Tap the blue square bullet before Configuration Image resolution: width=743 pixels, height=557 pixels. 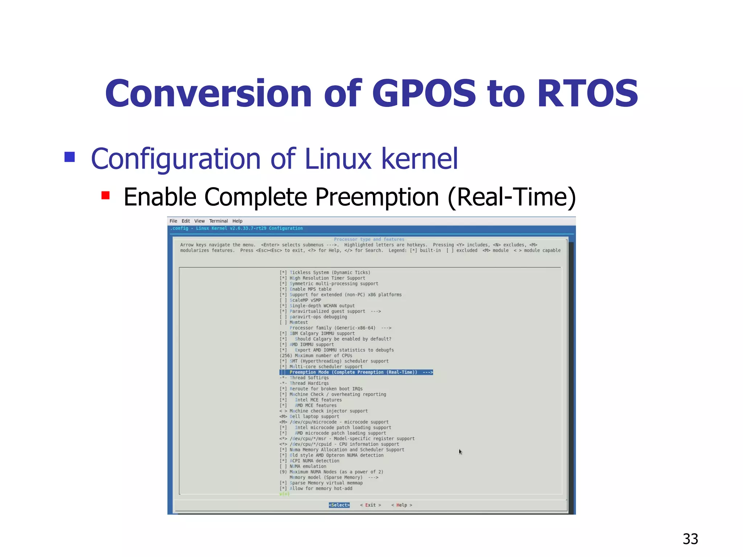tap(70, 157)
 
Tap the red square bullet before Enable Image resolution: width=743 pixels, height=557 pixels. tap(106, 196)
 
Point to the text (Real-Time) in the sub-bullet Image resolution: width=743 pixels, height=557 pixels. tap(512, 197)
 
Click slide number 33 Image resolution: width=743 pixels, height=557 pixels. tap(690, 539)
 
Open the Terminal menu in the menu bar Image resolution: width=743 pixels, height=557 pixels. tap(218, 221)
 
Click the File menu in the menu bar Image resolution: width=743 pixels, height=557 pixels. tap(173, 221)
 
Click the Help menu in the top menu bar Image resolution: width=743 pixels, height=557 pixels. tap(237, 221)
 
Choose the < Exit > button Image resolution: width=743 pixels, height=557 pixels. tap(370, 505)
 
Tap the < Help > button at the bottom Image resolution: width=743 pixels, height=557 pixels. tap(402, 505)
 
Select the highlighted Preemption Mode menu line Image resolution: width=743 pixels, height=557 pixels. tap(356, 372)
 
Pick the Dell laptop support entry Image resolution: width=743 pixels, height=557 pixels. tap(314, 416)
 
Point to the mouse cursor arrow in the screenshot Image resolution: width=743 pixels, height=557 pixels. tap(460, 451)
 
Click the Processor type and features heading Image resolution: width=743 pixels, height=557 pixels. tap(369, 239)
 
